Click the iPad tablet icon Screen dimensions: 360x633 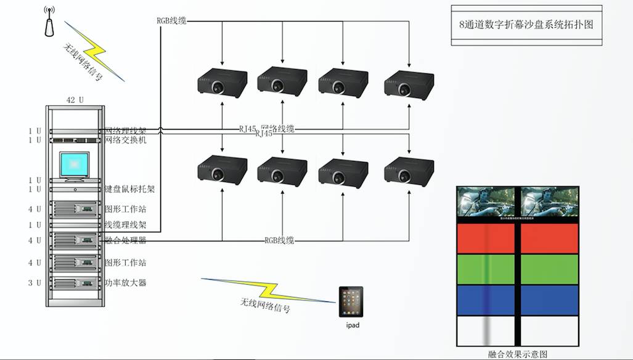351,301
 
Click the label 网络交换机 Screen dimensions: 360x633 125,140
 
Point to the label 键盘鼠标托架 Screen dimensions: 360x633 129,189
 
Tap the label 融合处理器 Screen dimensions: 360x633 125,240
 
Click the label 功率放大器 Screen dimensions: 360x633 125,283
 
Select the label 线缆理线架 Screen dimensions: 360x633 125,225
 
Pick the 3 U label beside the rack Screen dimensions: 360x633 35,283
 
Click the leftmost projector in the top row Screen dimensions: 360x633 222,83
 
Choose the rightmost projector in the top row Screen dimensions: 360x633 409,83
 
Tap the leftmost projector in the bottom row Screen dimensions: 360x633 222,170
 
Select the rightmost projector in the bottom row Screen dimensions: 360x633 409,170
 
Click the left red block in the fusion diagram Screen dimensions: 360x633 486,239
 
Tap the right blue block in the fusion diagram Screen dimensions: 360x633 550,300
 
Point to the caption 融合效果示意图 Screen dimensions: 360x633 517,354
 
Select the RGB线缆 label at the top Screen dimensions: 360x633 171,21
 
